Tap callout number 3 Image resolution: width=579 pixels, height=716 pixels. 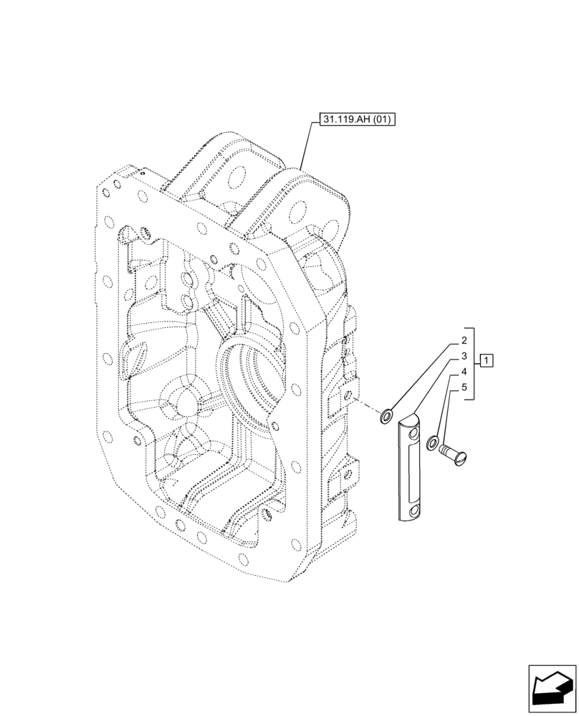click(x=464, y=356)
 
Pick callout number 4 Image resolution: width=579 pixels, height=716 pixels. click(x=464, y=372)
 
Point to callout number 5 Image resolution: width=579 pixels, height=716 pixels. click(x=464, y=389)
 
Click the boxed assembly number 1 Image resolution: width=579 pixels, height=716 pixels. click(x=487, y=359)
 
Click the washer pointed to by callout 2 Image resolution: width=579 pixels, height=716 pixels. click(x=388, y=415)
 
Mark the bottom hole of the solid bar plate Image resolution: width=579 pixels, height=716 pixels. click(x=412, y=510)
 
